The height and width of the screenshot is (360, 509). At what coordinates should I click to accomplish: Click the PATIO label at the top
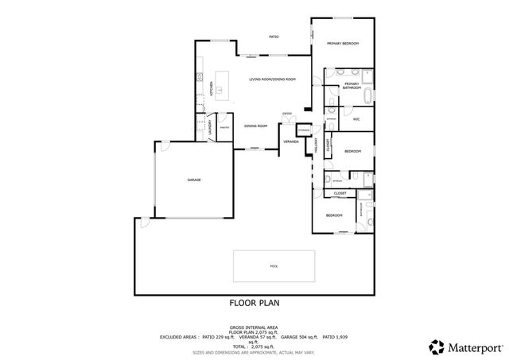(x=273, y=37)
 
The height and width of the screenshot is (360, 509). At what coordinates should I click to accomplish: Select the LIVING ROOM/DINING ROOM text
(x=272, y=79)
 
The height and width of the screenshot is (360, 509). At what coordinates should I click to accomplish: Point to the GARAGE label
(x=194, y=180)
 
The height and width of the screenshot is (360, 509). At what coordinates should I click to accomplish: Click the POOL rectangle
(x=274, y=266)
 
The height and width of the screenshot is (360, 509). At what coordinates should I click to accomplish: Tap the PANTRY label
(x=224, y=127)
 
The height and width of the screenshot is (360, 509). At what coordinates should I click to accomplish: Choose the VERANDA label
(x=291, y=141)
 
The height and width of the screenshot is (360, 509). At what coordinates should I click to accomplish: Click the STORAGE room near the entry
(x=304, y=129)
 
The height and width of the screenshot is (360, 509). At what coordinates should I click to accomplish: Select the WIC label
(x=357, y=119)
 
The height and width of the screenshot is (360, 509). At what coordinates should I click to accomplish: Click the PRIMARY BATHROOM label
(x=352, y=85)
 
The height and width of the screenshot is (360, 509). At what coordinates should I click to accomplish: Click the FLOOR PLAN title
(x=254, y=302)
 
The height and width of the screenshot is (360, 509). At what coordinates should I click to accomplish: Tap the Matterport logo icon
(x=436, y=346)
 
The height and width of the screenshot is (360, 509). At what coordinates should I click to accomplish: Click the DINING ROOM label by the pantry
(x=255, y=126)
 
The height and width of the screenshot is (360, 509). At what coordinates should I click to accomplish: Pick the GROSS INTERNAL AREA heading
(x=254, y=327)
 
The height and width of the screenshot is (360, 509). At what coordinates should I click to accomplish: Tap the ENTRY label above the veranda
(x=286, y=114)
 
